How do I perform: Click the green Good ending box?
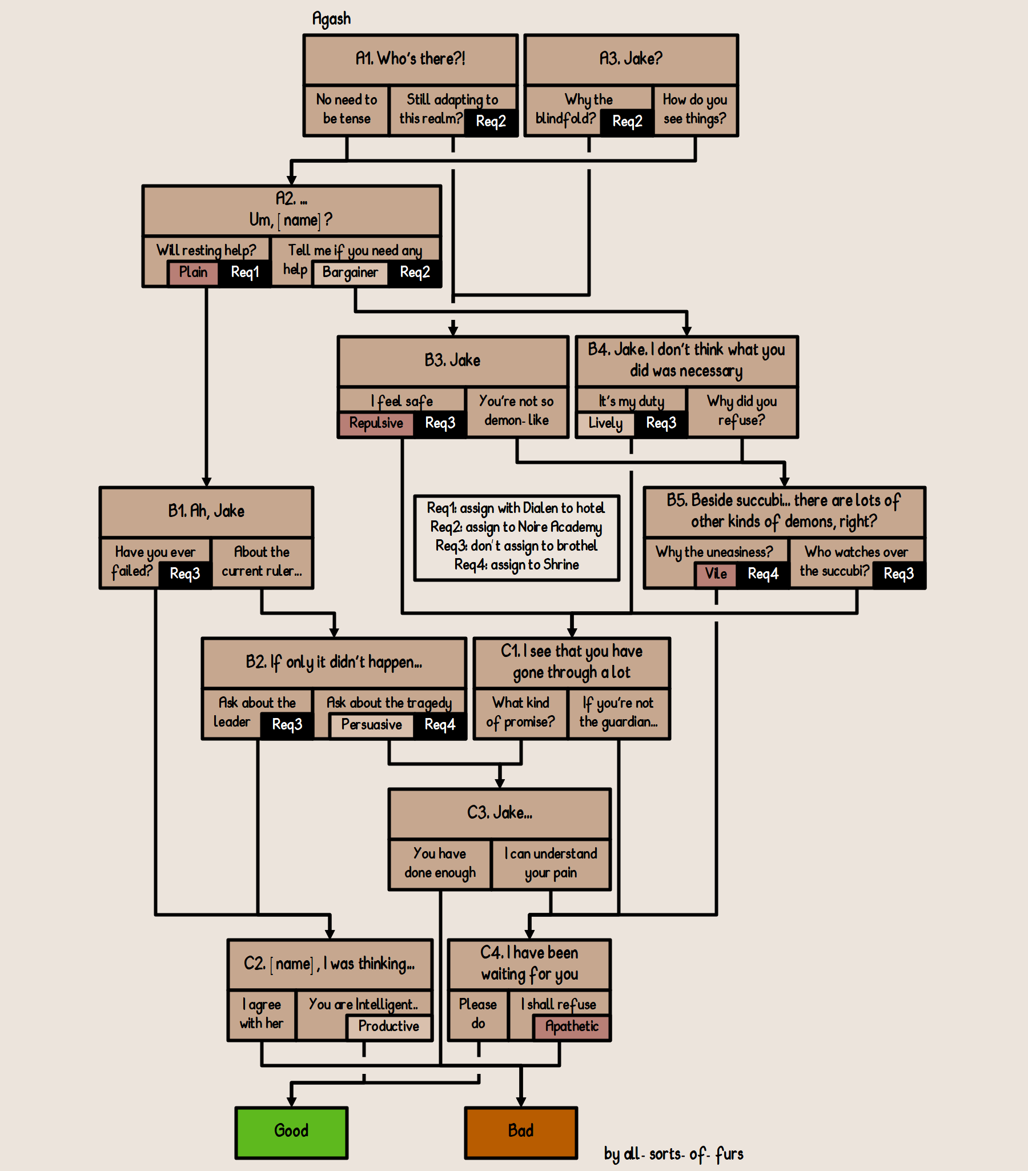pos(291,1132)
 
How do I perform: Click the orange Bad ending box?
pos(521,1132)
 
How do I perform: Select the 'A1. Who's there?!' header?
pos(410,59)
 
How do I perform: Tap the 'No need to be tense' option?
pos(346,110)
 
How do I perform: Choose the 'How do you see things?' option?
pos(694,110)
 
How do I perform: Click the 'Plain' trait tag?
pos(193,272)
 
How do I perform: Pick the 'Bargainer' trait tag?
pos(350,272)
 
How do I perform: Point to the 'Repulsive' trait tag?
pos(376,424)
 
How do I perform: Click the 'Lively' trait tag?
pos(605,424)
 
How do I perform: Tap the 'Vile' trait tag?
pos(715,574)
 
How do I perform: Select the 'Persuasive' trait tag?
pos(371,725)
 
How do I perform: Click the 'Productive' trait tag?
pos(388,1026)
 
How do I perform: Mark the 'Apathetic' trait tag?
pos(572,1026)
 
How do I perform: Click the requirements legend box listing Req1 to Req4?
pos(517,538)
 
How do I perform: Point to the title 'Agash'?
pos(331,19)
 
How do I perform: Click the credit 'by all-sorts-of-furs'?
pos(673,1154)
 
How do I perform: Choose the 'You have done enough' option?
pos(440,863)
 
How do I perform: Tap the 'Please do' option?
pos(478,1014)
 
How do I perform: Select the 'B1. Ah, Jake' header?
pos(206,511)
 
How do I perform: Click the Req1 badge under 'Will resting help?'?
pos(244,272)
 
